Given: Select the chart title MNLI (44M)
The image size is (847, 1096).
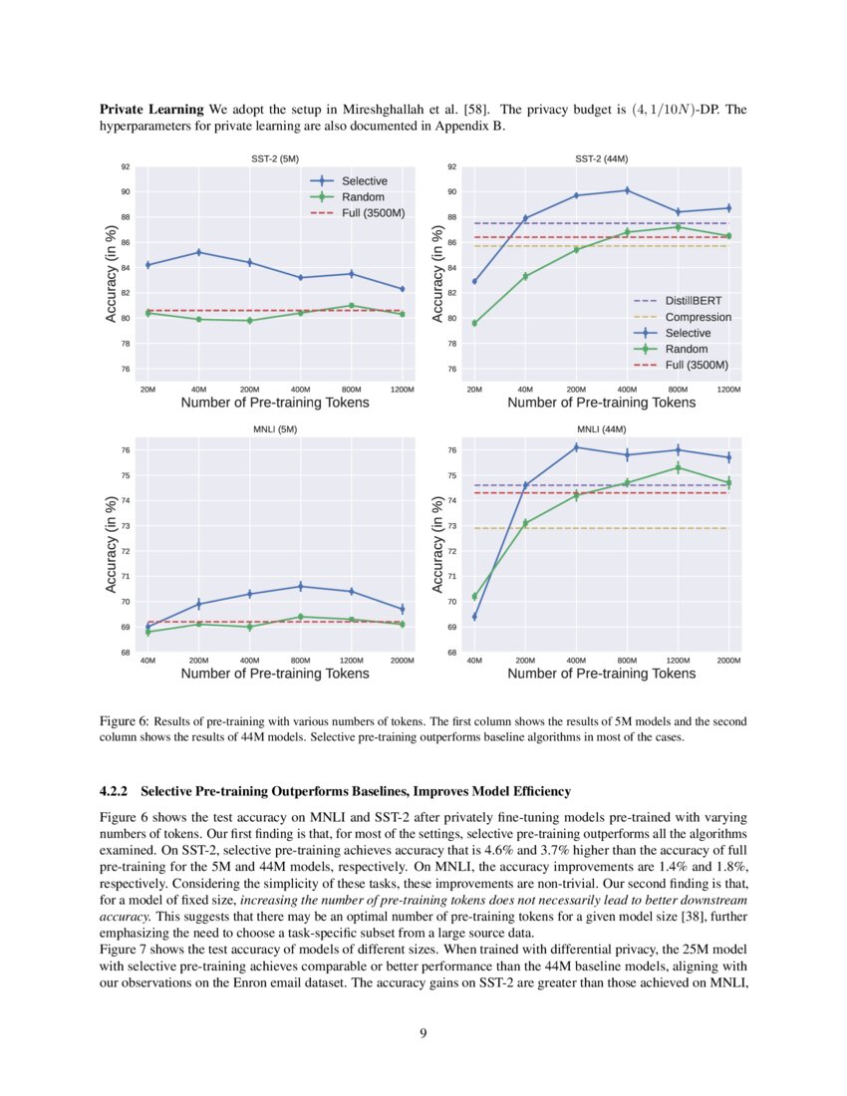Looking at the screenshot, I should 602,429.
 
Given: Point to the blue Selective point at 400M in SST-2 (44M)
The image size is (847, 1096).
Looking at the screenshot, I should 627,190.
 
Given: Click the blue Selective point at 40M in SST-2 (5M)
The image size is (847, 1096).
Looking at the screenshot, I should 199,252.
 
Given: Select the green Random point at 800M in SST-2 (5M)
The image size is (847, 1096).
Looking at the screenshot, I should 351,306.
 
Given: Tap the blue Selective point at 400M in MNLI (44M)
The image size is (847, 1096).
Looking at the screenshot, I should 576,447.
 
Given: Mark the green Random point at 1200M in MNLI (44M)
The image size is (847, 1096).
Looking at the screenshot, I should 678,467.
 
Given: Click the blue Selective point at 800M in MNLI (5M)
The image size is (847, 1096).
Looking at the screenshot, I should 301,586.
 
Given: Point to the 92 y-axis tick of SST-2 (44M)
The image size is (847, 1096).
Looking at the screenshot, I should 451,167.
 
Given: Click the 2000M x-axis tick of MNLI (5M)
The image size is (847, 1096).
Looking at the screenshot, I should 402,661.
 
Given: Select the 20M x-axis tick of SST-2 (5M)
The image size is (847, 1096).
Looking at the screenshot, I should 147,390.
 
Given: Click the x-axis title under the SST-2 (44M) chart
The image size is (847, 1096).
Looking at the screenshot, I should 602,403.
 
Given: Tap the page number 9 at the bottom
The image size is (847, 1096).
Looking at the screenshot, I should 423,1032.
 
